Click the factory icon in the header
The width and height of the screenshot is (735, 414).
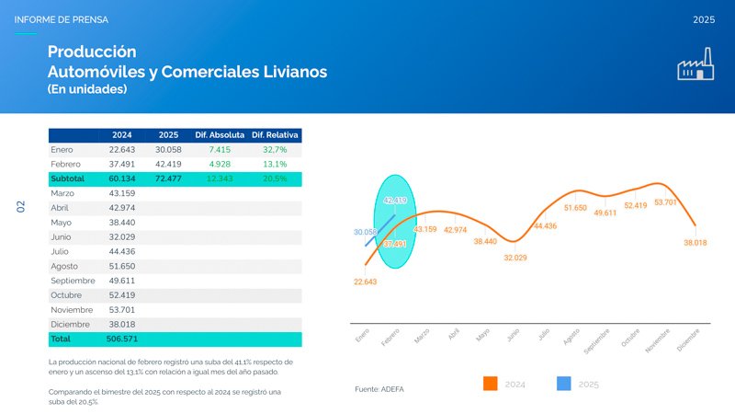696,67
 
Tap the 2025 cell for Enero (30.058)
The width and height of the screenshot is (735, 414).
168,149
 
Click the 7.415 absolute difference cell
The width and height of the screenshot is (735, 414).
220,149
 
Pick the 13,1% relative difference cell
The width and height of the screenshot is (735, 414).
275,164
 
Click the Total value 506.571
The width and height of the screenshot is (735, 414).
122,339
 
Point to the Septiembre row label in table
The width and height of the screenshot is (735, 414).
74,280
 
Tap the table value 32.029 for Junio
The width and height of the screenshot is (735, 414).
122,236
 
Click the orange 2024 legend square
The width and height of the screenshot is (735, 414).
490,384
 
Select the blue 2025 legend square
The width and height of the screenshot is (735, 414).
564,384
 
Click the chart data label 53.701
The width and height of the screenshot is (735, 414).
665,202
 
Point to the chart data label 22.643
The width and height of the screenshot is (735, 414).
365,282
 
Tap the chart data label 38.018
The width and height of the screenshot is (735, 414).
695,243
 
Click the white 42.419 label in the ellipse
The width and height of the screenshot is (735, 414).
395,201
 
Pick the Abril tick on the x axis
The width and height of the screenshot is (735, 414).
453,337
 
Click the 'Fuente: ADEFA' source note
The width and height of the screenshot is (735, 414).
379,389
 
